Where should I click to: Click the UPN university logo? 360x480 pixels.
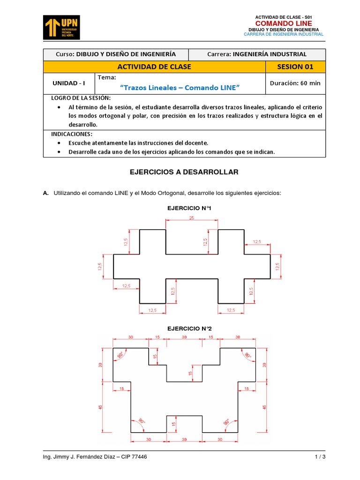tap(61, 27)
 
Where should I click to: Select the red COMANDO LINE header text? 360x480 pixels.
tap(283, 23)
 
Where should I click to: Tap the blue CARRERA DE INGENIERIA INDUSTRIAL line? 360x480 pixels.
tap(284, 34)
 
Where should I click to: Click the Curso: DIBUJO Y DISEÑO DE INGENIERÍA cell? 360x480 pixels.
tap(116, 54)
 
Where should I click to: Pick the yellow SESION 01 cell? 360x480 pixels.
tap(295, 67)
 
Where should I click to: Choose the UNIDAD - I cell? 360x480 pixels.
tap(69, 83)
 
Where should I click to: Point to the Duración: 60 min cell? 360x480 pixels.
tap(295, 83)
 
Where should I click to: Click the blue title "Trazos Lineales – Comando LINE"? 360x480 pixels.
tap(180, 88)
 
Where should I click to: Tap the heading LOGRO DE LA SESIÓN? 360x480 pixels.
tap(81, 97)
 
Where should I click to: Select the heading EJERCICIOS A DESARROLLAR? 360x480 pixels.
tap(184, 172)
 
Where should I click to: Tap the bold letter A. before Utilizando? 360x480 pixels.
tap(45, 193)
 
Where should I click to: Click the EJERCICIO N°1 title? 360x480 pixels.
tap(186, 208)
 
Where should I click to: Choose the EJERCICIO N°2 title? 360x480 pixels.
tap(187, 329)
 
